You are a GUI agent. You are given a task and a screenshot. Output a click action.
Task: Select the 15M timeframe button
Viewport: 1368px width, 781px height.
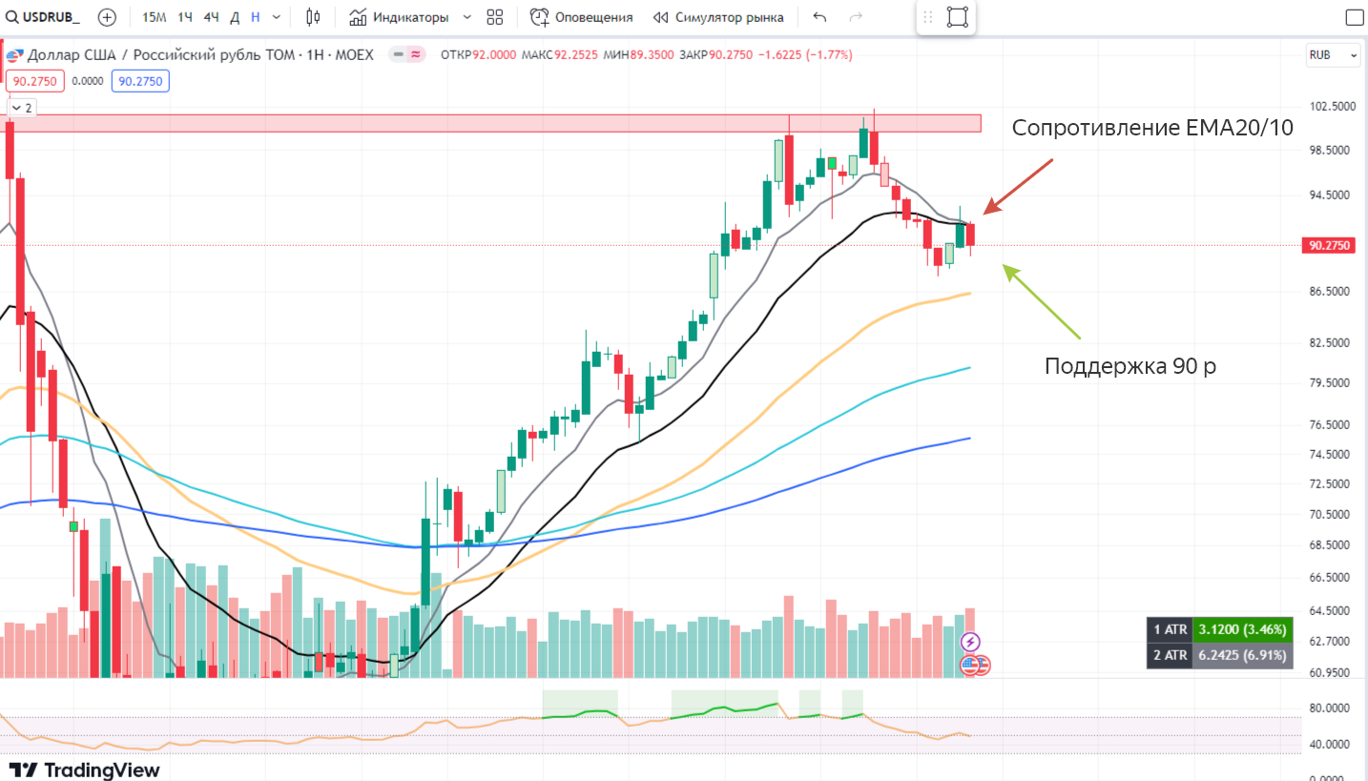click(x=154, y=17)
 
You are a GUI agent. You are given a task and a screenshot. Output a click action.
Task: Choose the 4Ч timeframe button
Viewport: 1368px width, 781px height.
click(x=211, y=17)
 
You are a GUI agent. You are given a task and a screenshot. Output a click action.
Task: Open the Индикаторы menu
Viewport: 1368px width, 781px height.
click(x=410, y=17)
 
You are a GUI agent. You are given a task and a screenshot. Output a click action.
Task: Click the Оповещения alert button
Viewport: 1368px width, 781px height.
click(x=582, y=17)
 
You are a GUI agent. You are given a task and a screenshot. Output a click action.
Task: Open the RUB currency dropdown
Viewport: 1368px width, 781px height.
click(x=1333, y=55)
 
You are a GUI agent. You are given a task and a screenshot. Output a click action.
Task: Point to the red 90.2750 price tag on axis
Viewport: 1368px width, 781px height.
click(x=1328, y=245)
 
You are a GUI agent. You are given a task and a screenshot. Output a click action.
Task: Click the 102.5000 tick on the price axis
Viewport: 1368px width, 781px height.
click(x=1328, y=107)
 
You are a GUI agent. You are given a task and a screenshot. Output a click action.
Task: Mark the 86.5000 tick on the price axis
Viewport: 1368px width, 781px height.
click(x=1328, y=292)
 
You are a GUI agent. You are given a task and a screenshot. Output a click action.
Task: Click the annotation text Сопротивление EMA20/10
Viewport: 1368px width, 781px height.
click(x=1152, y=128)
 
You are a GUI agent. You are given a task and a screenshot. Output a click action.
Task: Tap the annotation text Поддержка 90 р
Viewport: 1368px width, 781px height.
click(x=1130, y=366)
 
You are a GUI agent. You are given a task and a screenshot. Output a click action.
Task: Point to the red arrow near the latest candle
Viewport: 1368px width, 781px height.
click(x=1019, y=187)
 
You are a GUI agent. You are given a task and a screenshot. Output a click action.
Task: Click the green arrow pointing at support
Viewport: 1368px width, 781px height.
click(x=1042, y=301)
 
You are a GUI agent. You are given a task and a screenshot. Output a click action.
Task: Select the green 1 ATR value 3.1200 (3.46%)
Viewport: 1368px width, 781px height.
click(x=1243, y=629)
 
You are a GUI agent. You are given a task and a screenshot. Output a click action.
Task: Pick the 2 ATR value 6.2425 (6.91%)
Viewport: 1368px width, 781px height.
click(x=1243, y=655)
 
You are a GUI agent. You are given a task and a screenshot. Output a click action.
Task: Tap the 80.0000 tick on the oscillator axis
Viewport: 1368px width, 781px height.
click(x=1328, y=709)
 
